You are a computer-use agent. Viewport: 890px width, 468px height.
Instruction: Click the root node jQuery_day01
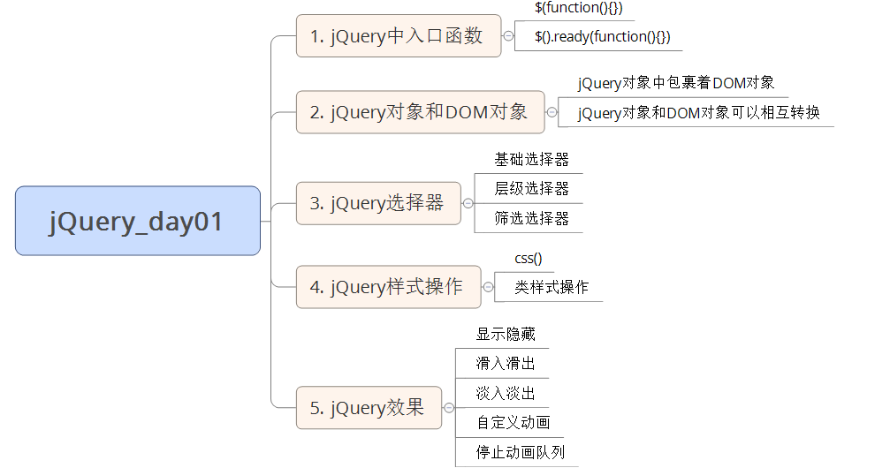coord(137,221)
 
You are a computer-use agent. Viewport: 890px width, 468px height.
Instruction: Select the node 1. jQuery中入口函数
coord(398,36)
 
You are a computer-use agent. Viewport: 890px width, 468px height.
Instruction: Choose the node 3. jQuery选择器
coord(377,203)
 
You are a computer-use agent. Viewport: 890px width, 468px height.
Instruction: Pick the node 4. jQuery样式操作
coord(387,287)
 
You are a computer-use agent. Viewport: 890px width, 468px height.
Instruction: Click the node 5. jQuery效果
coord(368,408)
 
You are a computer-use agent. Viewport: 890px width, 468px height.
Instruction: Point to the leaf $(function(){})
coord(579,7)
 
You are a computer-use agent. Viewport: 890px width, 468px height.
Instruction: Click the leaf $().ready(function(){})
coord(602,36)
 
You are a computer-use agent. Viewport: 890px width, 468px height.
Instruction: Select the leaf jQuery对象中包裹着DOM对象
coord(676,83)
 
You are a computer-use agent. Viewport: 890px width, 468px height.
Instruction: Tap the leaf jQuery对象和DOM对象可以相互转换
coord(698,112)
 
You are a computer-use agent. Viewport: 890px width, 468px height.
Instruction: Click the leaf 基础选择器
coord(531,159)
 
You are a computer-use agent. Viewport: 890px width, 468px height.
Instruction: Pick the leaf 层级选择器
coord(531,188)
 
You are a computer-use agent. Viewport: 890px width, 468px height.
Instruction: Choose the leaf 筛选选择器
coord(531,218)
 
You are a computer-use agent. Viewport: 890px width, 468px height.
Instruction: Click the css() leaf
coord(529,258)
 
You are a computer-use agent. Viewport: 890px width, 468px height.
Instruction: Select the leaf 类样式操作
coord(551,287)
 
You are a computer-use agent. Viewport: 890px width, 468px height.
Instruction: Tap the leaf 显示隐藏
coord(506,334)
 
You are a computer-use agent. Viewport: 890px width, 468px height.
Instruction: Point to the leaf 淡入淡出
coord(506,393)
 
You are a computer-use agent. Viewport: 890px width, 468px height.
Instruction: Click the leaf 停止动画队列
coord(520,452)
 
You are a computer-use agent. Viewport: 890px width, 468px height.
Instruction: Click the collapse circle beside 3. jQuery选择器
coord(468,203)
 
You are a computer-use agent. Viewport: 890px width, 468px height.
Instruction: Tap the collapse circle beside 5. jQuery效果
coord(448,408)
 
